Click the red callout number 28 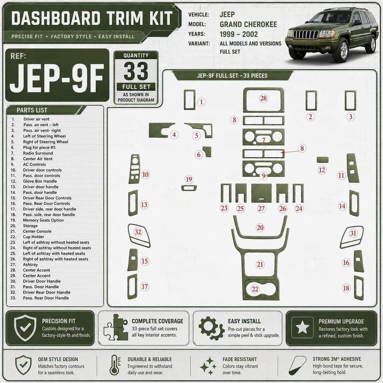(263, 98)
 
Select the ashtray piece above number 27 (261, 193)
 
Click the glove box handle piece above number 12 (323, 160)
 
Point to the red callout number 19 (189, 179)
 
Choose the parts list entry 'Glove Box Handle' (40, 181)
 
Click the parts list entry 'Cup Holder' (34, 237)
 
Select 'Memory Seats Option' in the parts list (43, 220)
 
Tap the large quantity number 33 (136, 71)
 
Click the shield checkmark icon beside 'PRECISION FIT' (25, 328)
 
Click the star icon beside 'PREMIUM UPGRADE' (302, 327)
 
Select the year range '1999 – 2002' (239, 34)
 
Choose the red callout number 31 (353, 233)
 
